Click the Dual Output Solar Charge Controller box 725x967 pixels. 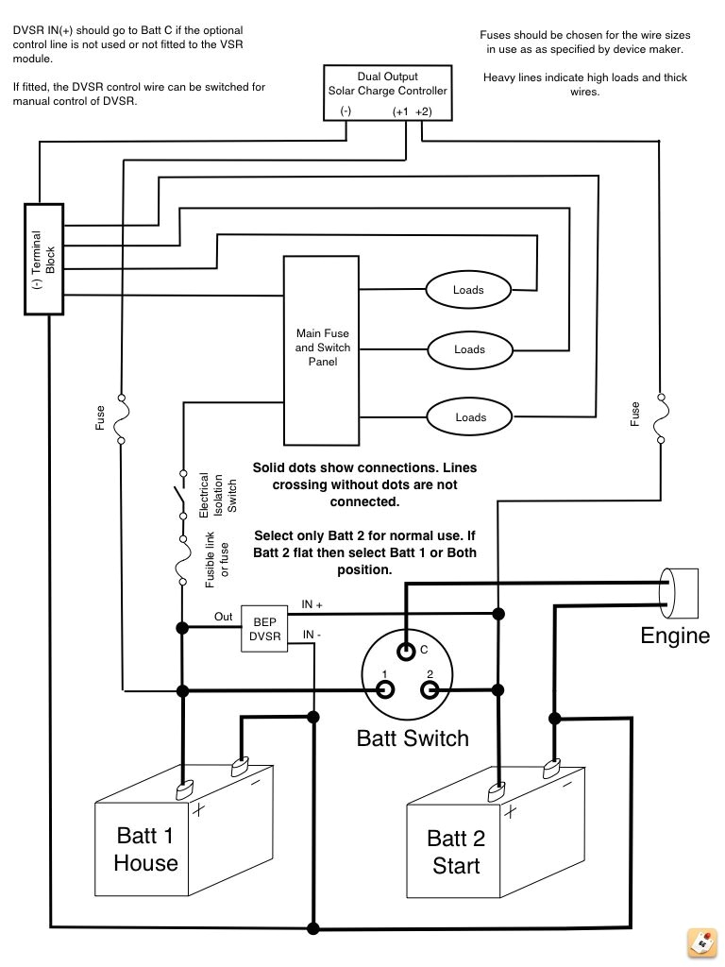[x=387, y=93]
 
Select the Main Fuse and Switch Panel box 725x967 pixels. [x=324, y=348]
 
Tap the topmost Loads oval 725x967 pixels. [x=468, y=290]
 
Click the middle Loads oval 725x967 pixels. [x=469, y=349]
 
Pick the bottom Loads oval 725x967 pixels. [x=470, y=416]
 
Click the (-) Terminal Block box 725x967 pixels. [x=43, y=259]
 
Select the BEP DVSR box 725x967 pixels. [x=264, y=629]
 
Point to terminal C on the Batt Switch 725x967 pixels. [x=406, y=651]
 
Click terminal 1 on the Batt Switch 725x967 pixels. [x=385, y=688]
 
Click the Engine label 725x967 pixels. [x=675, y=636]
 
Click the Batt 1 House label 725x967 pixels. [x=145, y=849]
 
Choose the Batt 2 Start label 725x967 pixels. [x=456, y=852]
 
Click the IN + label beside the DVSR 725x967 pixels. [x=312, y=603]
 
